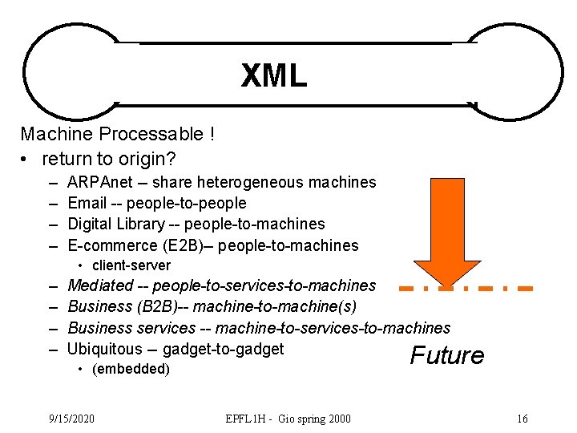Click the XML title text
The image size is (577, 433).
(274, 76)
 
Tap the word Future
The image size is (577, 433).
(447, 355)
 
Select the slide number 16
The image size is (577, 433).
(523, 419)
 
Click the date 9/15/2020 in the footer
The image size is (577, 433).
(71, 419)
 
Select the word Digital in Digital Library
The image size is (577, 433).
(93, 224)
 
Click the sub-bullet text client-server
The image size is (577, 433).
(131, 265)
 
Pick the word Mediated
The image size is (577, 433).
(100, 285)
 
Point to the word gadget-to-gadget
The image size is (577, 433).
(223, 349)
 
